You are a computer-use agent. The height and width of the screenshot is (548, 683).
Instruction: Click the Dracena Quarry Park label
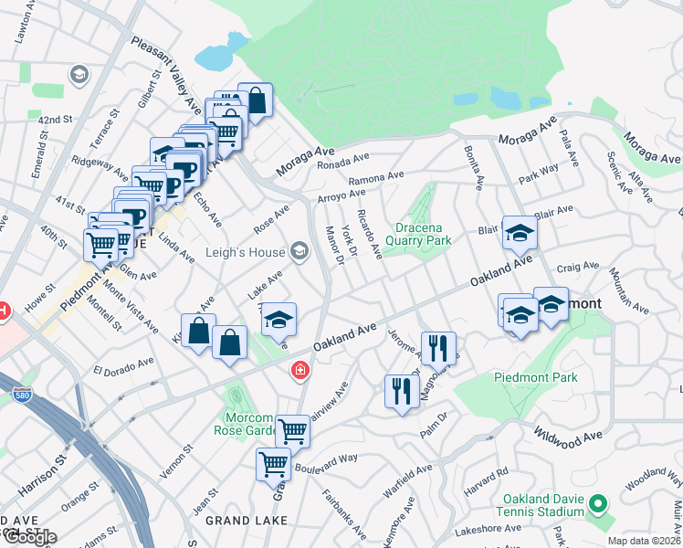[x=424, y=234]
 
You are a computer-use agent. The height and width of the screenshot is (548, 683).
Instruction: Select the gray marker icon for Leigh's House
[x=299, y=251]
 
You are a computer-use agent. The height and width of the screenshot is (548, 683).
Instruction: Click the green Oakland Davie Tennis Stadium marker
[x=597, y=503]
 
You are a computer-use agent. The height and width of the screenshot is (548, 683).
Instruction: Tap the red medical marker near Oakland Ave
[x=299, y=370]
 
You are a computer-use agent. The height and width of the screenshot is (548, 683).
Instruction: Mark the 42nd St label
[x=55, y=120]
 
